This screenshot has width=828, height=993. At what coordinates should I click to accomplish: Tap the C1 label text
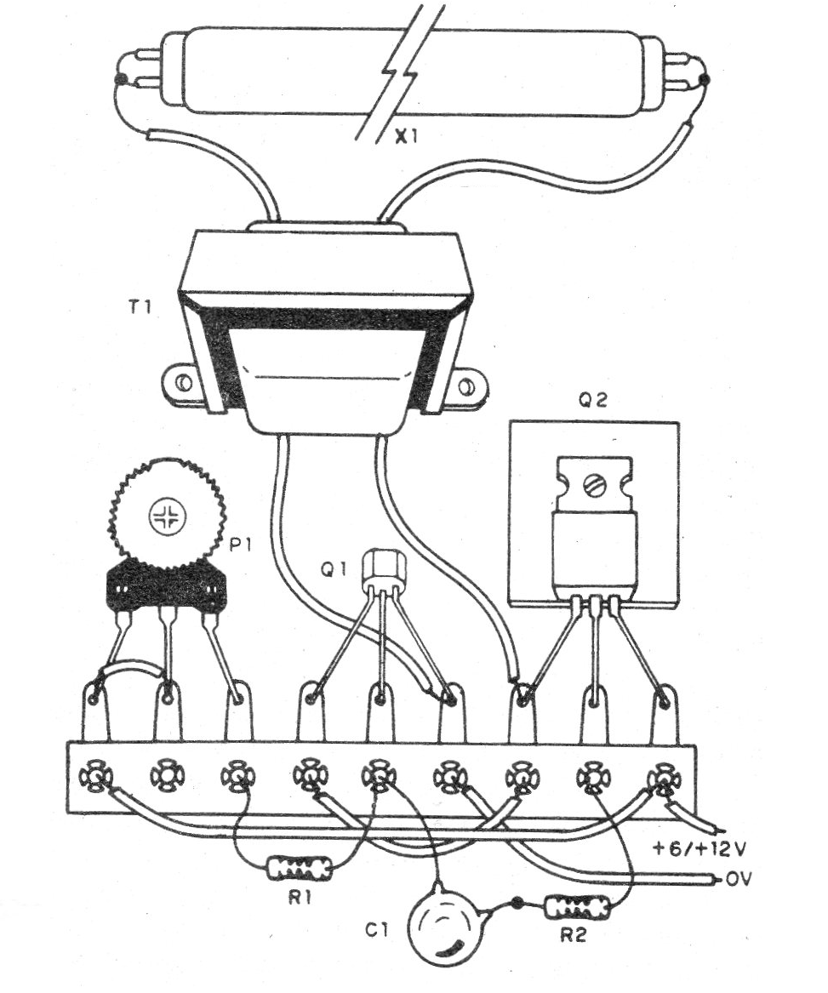click(x=379, y=929)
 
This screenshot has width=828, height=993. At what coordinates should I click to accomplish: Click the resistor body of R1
click(x=300, y=868)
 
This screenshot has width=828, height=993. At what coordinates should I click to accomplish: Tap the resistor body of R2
click(x=579, y=907)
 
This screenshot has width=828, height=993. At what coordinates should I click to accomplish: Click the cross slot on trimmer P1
click(x=166, y=516)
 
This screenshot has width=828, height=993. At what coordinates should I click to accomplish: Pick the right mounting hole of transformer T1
click(x=466, y=388)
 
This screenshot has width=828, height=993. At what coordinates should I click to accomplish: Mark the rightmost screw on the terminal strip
click(x=661, y=778)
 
